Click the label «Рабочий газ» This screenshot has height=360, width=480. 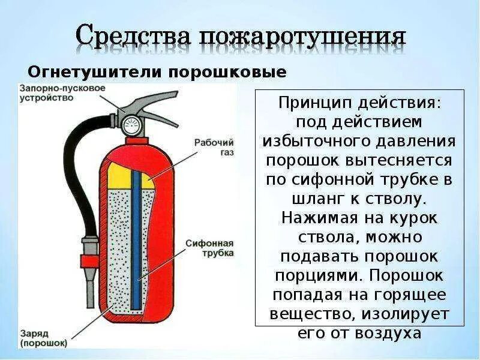point(213,148)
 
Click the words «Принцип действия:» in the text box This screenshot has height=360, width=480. point(359,103)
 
